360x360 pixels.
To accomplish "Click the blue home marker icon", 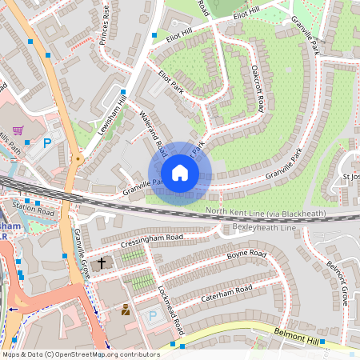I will point(180,173).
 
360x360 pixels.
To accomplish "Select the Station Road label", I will point(33,213).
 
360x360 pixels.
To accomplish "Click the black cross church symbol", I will point(102,262).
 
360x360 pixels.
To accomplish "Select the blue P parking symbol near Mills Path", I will point(47,143).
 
